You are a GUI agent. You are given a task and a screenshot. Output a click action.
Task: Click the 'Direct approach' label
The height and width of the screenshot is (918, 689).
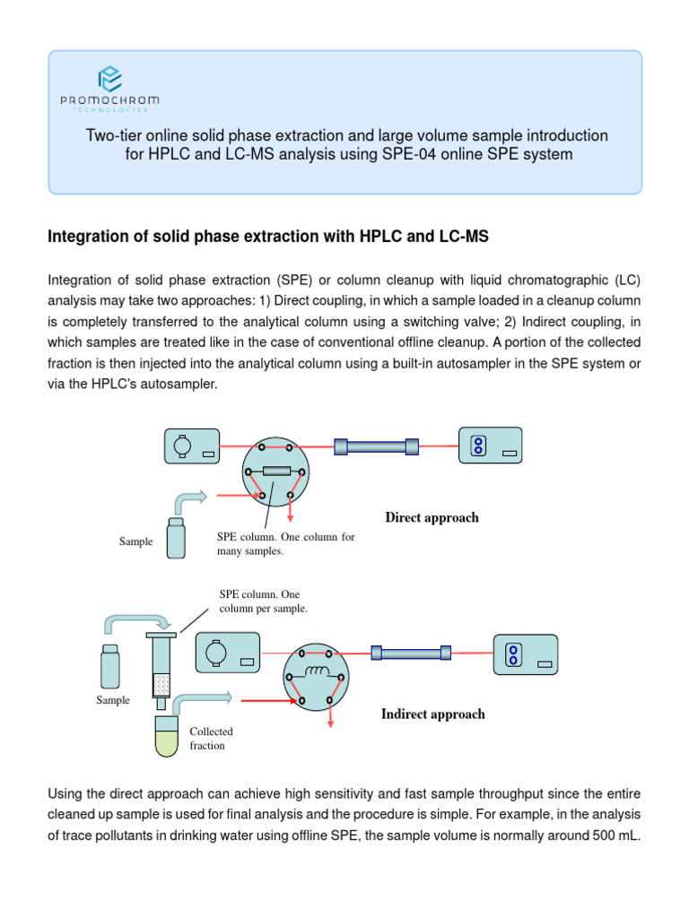click(432, 517)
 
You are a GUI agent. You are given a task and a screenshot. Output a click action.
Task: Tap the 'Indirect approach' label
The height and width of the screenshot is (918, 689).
click(432, 714)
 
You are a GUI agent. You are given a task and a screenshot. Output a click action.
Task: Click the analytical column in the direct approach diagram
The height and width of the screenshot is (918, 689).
click(376, 446)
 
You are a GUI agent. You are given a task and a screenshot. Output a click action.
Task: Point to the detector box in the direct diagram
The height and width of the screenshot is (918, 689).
click(490, 446)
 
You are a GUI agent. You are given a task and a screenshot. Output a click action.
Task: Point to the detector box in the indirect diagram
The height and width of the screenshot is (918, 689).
click(524, 654)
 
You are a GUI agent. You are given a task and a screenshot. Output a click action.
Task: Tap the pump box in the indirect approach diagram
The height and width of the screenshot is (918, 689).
click(228, 654)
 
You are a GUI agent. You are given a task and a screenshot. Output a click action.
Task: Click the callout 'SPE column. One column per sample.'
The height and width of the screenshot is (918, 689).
click(263, 601)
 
